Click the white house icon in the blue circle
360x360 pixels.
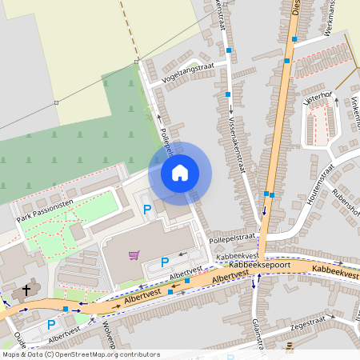click(180, 172)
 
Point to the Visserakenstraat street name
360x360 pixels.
click(239, 132)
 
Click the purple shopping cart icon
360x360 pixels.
click(134, 256)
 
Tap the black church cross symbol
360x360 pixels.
click(26, 290)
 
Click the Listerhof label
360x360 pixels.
click(318, 97)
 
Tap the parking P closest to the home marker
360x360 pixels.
click(146, 209)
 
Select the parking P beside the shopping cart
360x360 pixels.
click(165, 262)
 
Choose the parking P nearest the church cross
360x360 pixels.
click(51, 325)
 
